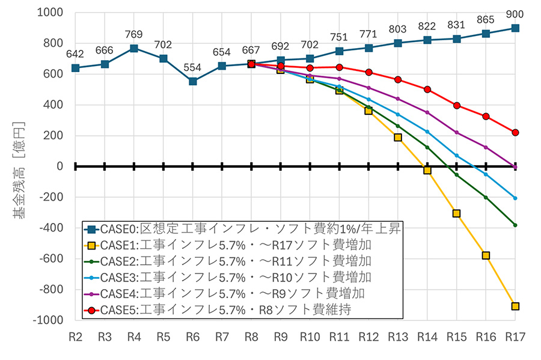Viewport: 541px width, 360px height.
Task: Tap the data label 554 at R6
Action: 192,67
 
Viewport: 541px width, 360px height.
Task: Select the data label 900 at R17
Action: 515,14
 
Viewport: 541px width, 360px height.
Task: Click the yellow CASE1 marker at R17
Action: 515,307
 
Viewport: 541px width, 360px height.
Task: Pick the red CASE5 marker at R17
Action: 515,132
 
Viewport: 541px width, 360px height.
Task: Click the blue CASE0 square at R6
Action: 192,81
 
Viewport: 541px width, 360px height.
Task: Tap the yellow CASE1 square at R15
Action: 457,213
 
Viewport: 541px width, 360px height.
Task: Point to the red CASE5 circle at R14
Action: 427,90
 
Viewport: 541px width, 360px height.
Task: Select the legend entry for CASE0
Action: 240,228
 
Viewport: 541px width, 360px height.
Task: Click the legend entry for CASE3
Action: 234,278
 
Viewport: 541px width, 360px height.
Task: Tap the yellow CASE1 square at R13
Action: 398,138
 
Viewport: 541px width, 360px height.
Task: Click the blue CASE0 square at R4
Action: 134,48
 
